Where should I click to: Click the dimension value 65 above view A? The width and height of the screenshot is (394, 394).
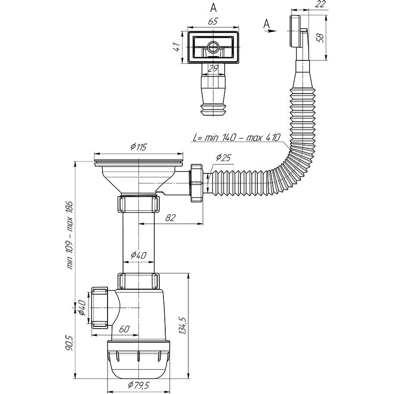[212, 21]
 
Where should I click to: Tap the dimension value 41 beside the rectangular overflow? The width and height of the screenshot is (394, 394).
[177, 47]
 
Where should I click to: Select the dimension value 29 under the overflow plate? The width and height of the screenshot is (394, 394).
[213, 69]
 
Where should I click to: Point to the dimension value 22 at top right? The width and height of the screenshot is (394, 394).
[320, 4]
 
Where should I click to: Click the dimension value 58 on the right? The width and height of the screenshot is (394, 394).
[320, 37]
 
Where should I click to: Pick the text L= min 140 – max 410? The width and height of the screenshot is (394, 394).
[236, 138]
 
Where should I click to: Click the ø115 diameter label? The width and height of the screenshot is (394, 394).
[138, 147]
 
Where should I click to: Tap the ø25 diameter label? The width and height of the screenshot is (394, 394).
[223, 158]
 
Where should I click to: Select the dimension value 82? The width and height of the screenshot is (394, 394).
[170, 217]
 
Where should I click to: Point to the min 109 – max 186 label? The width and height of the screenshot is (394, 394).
[69, 235]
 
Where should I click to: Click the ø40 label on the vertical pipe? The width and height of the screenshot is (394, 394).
[138, 255]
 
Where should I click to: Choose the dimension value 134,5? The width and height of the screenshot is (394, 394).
[182, 325]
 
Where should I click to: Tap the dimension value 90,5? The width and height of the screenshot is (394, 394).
[69, 343]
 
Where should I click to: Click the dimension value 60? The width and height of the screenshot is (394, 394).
[124, 329]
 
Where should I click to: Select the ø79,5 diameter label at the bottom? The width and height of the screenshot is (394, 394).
[138, 385]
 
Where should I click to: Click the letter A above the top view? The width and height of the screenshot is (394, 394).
[213, 8]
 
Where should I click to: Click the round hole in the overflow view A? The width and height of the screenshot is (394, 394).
[213, 46]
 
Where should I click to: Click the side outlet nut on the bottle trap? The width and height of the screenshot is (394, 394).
[99, 308]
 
